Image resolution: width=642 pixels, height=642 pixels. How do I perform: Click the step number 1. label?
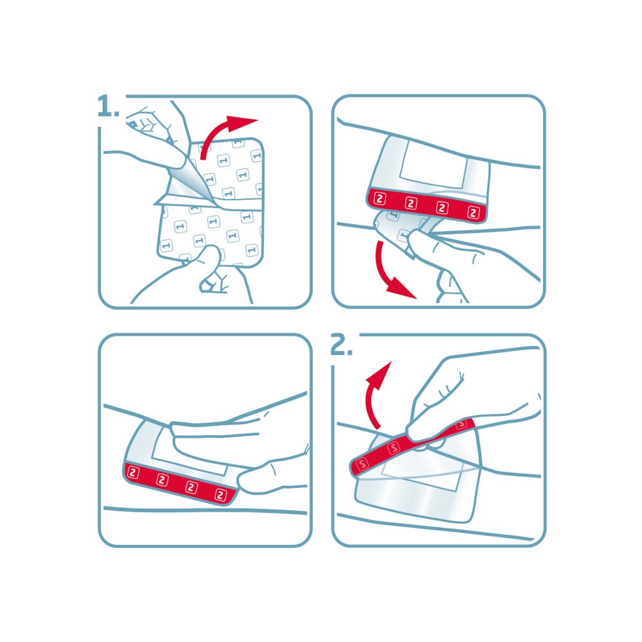click(108, 107)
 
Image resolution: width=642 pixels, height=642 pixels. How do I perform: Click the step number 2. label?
click(341, 346)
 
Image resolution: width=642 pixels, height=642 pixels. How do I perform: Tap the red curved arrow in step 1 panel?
click(225, 132)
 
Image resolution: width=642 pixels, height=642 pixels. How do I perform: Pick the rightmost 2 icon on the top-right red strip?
click(474, 212)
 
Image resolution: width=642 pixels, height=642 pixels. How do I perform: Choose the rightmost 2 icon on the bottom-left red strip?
click(221, 494)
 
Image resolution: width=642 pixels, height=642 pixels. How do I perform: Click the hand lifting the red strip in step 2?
click(462, 392)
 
